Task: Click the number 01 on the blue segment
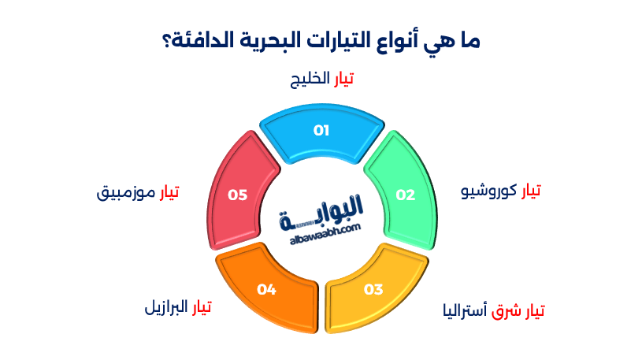(x=321, y=131)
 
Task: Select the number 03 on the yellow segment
(x=373, y=289)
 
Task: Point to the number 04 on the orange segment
(x=266, y=289)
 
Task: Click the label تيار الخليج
(x=321, y=80)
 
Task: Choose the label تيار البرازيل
(x=178, y=306)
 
